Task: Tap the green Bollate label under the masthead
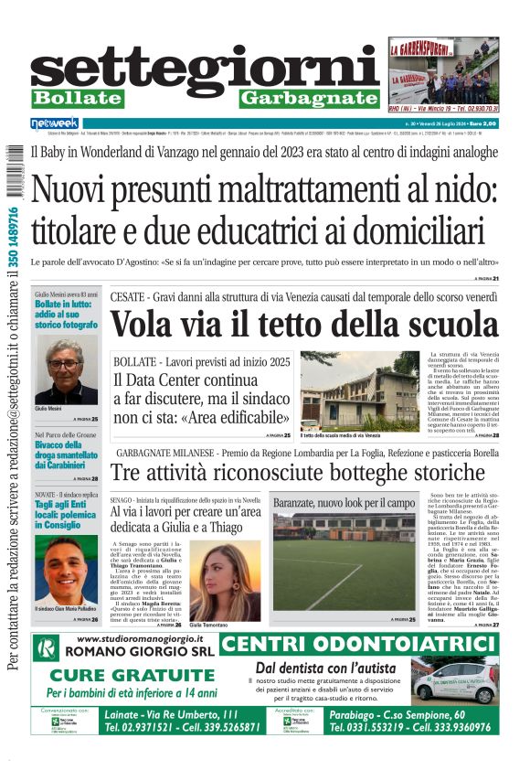click(77, 98)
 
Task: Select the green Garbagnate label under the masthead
click(309, 98)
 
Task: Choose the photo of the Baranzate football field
click(344, 561)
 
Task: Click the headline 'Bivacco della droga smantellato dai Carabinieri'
click(66, 455)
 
